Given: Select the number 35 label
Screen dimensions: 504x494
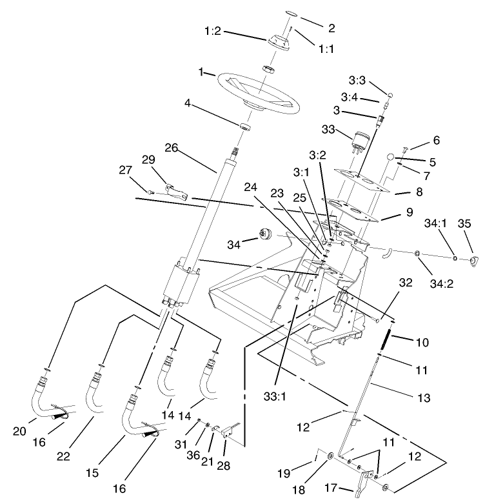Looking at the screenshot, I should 464,225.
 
